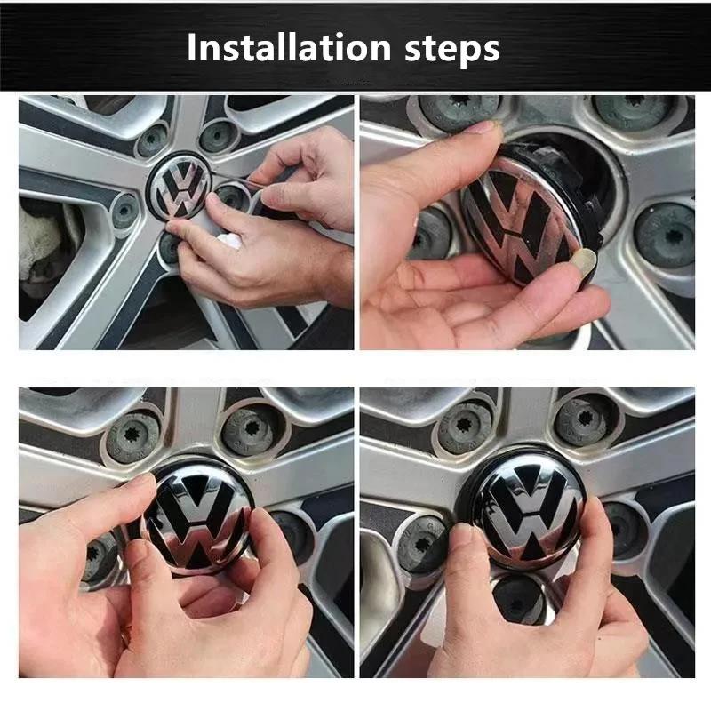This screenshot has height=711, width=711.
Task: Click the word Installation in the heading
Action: (x=289, y=47)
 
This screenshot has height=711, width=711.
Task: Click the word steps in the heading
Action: (x=452, y=50)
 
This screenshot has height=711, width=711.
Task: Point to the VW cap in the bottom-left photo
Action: (x=197, y=517)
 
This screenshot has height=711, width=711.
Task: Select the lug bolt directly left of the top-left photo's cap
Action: (x=125, y=212)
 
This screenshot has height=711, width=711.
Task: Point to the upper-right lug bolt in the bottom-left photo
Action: (x=251, y=431)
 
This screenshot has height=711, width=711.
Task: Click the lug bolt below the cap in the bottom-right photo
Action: (x=520, y=599)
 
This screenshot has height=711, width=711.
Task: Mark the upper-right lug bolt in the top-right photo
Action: (x=635, y=108)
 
